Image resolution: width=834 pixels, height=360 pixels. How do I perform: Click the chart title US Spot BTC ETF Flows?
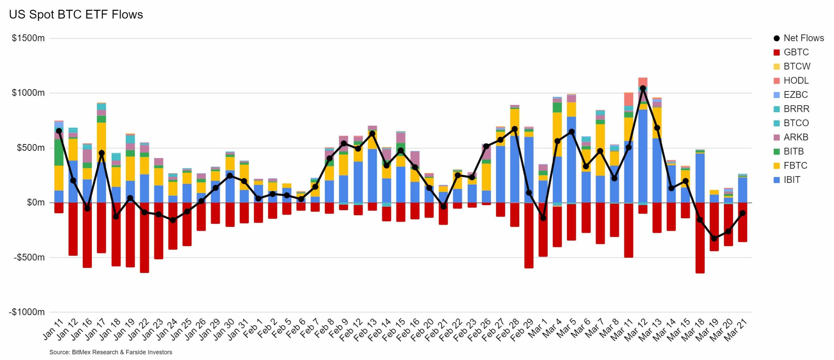click(76, 15)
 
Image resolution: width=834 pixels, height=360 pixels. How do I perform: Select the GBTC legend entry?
click(796, 52)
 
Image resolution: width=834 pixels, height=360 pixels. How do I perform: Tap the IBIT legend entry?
click(791, 180)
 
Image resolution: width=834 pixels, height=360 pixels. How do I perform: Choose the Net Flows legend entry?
click(803, 38)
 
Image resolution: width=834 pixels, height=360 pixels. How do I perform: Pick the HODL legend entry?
click(796, 81)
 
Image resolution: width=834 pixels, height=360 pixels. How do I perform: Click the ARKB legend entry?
click(796, 137)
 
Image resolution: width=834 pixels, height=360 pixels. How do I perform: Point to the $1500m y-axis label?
click(28, 38)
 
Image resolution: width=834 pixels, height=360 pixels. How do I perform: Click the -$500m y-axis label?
click(29, 257)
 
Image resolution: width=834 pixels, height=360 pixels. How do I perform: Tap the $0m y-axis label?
click(36, 202)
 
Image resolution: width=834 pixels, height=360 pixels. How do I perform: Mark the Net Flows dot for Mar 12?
click(643, 88)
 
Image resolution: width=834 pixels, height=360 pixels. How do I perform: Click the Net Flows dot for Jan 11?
click(59, 131)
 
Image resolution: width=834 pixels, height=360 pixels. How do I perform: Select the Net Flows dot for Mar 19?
click(714, 239)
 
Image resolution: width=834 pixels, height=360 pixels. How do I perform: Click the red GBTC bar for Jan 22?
click(144, 240)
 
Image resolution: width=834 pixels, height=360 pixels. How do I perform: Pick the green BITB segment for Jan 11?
click(59, 153)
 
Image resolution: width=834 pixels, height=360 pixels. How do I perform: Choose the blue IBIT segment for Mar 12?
click(643, 155)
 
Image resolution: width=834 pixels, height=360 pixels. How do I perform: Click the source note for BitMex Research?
click(111, 352)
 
